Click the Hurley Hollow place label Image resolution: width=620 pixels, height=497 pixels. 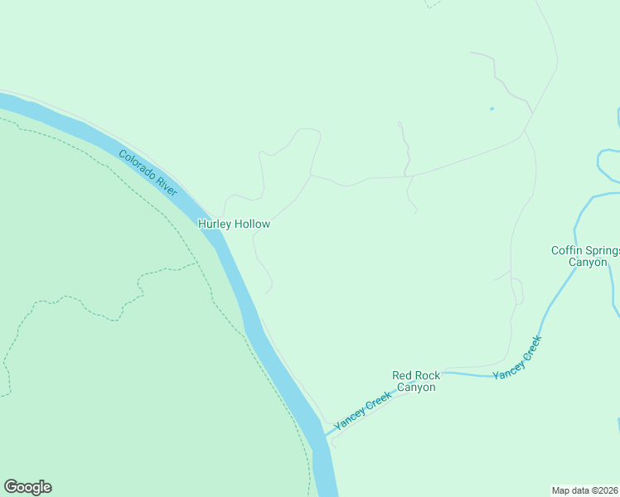pyautogui.click(x=234, y=224)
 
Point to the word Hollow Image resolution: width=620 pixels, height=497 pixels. pyautogui.click(x=252, y=224)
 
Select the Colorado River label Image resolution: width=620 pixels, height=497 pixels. pyautogui.click(x=148, y=172)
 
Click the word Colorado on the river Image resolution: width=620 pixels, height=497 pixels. pyautogui.click(x=138, y=164)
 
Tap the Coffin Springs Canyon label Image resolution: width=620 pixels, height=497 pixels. pyautogui.click(x=586, y=256)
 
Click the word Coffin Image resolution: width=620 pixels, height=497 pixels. pyautogui.click(x=568, y=250)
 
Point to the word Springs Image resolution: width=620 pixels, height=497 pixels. pyautogui.click(x=604, y=250)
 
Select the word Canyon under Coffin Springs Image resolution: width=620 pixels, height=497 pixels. pyautogui.click(x=587, y=263)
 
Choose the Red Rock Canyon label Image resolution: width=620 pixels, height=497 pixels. pyautogui.click(x=416, y=381)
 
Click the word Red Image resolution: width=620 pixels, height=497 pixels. pyautogui.click(x=403, y=375)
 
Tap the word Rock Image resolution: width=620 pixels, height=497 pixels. pyautogui.click(x=429, y=375)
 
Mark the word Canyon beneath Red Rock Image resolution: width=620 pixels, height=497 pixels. pyautogui.click(x=416, y=388)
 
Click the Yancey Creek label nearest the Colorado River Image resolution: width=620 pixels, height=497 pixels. pyautogui.click(x=361, y=411)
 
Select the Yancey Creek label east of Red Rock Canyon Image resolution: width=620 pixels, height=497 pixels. pyautogui.click(x=517, y=358)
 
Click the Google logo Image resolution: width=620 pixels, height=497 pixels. pyautogui.click(x=27, y=487)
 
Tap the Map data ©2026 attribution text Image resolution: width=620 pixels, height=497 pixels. pyautogui.click(x=585, y=490)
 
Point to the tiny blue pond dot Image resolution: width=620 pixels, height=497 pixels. pyautogui.click(x=492, y=109)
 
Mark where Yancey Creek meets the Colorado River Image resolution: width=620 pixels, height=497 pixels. pyautogui.click(x=325, y=435)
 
